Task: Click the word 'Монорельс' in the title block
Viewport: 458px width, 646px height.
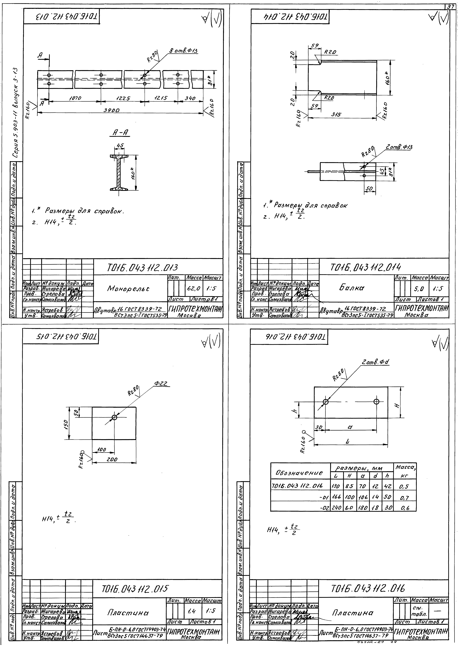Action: [x=128, y=288]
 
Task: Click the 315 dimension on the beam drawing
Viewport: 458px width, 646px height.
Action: [x=336, y=115]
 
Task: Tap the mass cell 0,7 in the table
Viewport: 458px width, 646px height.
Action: [x=404, y=498]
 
